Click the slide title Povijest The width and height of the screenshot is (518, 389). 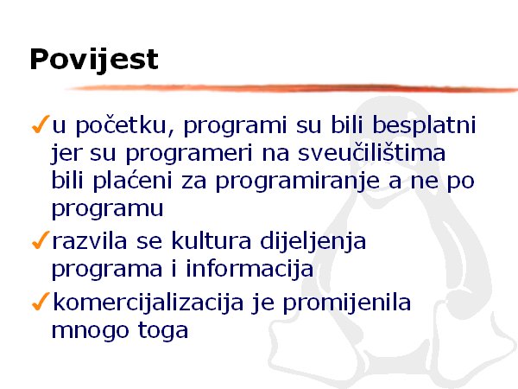(94, 60)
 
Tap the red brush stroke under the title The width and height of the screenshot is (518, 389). (291, 87)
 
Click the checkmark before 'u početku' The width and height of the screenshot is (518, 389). (41, 124)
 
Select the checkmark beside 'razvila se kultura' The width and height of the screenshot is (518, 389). (41, 239)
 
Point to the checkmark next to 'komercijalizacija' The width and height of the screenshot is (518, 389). (41, 301)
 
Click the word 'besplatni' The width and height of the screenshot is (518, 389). (424, 125)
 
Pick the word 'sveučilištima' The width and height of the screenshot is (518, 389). (371, 153)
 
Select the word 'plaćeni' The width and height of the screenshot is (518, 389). (132, 181)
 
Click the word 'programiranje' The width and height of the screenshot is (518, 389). (297, 182)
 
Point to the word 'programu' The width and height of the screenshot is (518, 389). (107, 210)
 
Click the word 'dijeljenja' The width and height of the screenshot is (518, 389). (313, 242)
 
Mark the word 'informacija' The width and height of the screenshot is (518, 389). (250, 269)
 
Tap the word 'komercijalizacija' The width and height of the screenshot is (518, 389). (148, 303)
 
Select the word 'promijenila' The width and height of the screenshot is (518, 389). (347, 303)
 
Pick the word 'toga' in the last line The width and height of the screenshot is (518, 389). (163, 330)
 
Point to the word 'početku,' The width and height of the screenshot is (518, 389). (125, 126)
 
